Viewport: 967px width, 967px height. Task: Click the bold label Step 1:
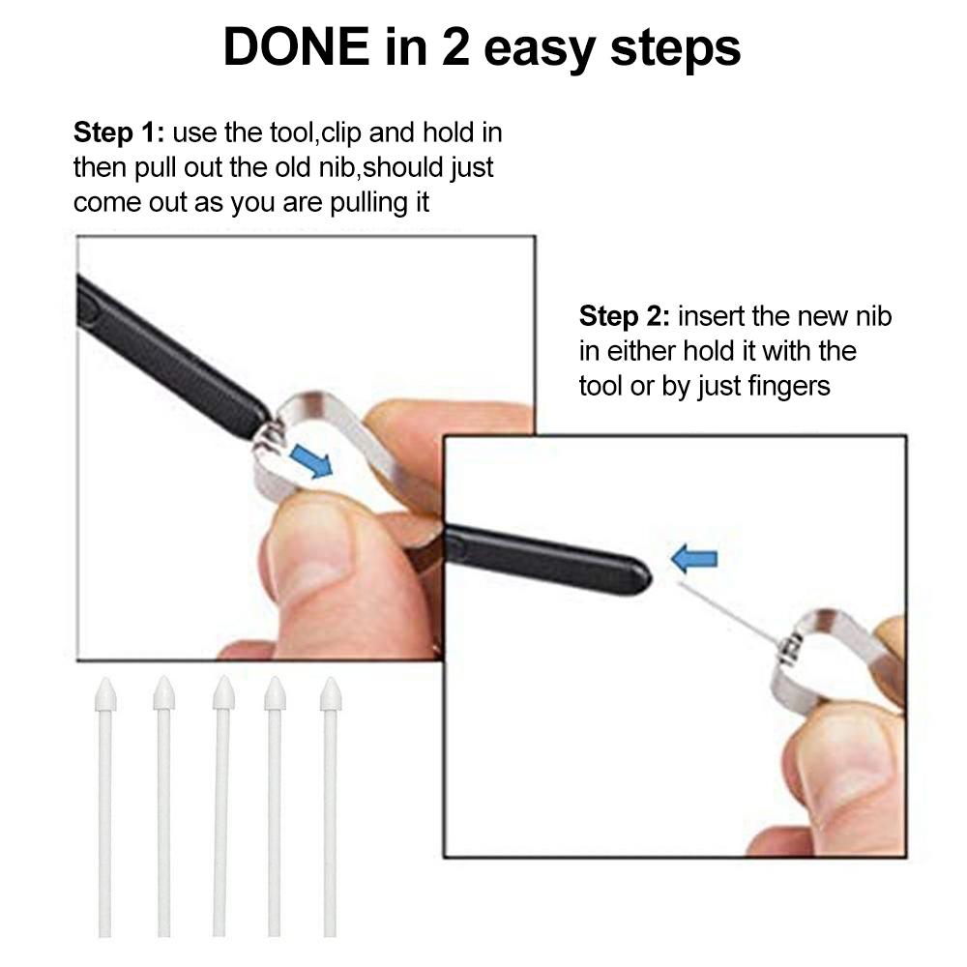(x=118, y=132)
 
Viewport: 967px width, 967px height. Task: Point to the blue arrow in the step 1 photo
(x=310, y=461)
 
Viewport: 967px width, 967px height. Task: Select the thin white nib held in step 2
(x=725, y=610)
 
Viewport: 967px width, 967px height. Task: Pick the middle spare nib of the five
(x=221, y=803)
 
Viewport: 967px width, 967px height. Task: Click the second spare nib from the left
(x=163, y=803)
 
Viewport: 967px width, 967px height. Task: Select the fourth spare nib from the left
(x=275, y=803)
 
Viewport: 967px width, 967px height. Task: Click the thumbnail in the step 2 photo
(x=851, y=764)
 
